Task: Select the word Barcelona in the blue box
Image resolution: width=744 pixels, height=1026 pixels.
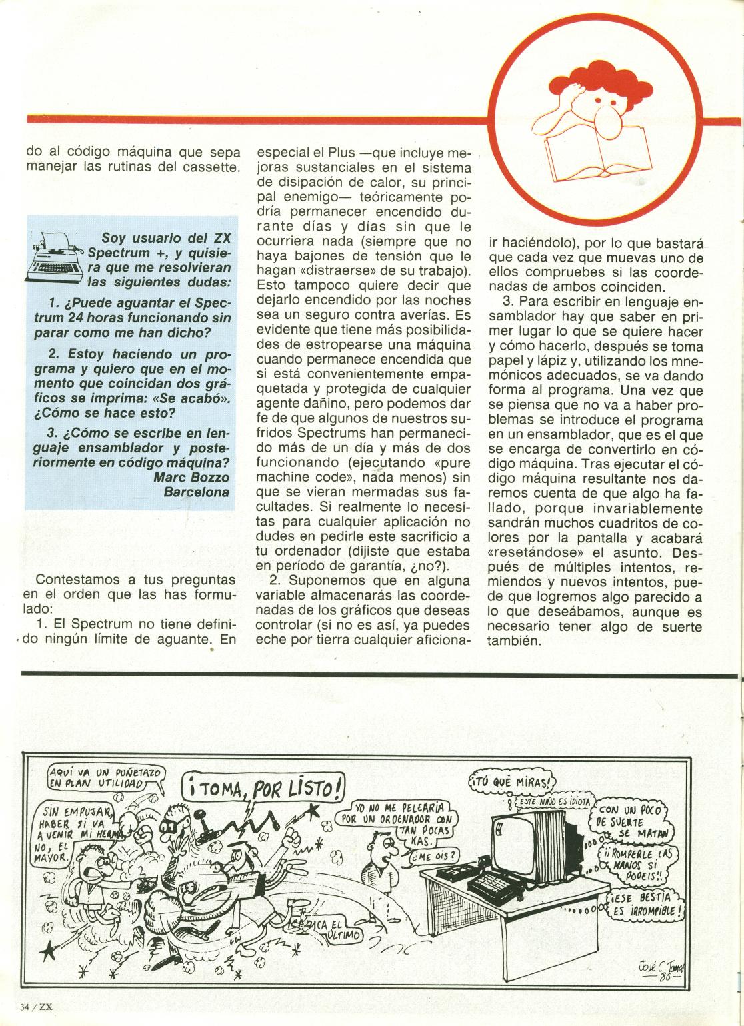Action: point(197,492)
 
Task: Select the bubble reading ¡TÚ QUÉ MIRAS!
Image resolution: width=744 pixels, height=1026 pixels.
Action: point(511,781)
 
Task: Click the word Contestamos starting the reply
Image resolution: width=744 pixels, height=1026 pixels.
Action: point(75,580)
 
